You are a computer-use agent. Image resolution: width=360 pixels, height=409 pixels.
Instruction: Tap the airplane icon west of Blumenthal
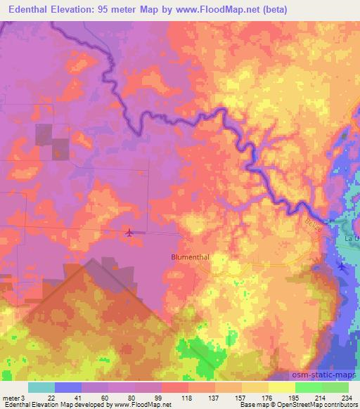pos(129,232)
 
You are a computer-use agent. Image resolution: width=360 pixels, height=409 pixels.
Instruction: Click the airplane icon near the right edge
pos(342,266)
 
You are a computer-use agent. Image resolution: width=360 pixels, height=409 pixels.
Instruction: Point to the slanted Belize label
pos(313,227)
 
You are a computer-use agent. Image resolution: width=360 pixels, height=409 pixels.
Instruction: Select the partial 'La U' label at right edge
pos(352,239)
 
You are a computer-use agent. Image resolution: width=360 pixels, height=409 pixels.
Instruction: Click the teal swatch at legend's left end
pos(41,387)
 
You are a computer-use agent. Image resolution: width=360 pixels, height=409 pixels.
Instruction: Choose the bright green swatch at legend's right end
pos(335,387)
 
